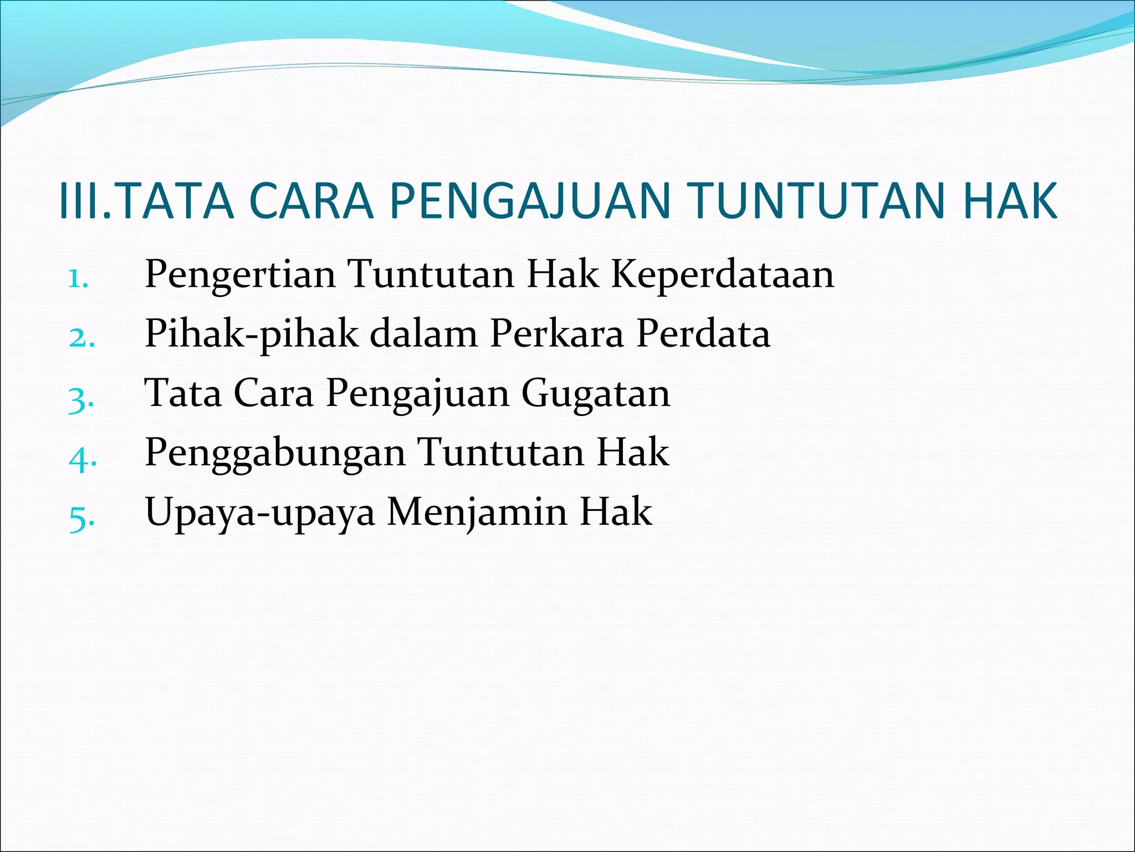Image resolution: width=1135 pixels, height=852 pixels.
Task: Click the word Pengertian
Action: [x=240, y=275]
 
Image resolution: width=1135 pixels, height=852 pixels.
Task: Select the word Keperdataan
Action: [x=722, y=275]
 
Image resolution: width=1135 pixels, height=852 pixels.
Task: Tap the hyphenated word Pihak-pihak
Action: [x=251, y=334]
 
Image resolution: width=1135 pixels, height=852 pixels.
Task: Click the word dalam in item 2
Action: [x=423, y=334]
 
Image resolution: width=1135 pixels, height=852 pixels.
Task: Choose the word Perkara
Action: [x=556, y=334]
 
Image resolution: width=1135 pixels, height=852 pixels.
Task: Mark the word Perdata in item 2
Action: [x=703, y=334]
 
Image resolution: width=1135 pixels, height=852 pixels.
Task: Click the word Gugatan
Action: [x=595, y=393]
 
